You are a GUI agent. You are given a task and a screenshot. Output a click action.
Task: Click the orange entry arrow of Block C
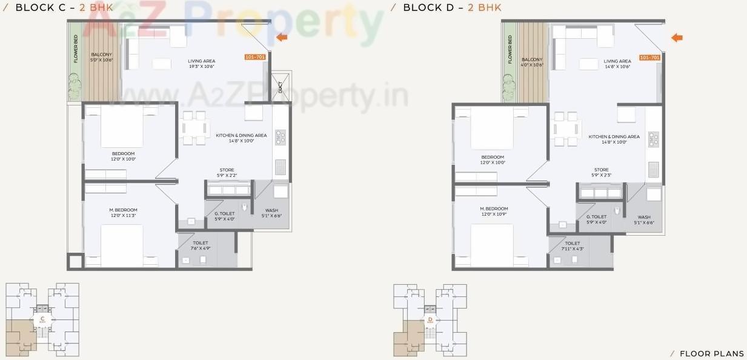(282, 38)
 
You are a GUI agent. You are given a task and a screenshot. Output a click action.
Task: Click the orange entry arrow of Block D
(677, 38)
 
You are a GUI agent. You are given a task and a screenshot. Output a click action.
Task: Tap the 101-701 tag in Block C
(255, 57)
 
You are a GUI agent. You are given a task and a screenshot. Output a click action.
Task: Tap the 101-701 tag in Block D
(649, 57)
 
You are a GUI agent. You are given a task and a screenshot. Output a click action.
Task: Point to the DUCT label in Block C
(280, 87)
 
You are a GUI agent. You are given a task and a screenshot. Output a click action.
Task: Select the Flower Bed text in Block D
(510, 49)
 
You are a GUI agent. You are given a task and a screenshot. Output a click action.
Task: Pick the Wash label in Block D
(644, 217)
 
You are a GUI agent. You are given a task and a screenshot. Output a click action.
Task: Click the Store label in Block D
(601, 170)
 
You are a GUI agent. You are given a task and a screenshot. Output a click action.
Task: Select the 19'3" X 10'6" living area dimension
(202, 67)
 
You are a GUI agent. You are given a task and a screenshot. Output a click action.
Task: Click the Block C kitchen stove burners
(281, 138)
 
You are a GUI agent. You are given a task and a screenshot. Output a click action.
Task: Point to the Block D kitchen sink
(654, 170)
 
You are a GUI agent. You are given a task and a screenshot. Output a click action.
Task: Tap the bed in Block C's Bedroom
(121, 125)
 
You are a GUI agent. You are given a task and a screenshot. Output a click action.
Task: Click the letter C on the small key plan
(42, 319)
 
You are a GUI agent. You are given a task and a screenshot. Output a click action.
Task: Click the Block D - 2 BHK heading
(451, 7)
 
